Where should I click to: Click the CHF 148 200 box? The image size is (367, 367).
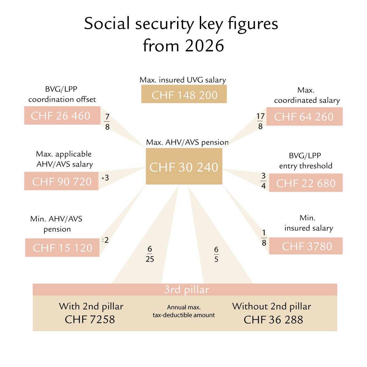pos(184,94)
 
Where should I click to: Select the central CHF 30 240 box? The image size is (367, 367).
pos(184,167)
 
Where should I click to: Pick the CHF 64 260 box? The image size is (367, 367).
pos(304,117)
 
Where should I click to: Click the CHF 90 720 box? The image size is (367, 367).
pos(62,181)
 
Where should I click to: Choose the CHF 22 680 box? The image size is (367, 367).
pos(305,183)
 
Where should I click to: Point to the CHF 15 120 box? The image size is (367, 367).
pos(62,247)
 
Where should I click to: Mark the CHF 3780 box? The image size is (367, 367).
pos(306,246)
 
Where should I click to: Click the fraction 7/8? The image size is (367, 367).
pos(107,121)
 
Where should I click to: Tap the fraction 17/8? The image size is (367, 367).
pos(261,121)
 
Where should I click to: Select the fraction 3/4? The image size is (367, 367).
pos(263,181)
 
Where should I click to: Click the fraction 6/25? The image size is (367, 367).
pos(150,254)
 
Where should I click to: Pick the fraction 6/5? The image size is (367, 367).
pos(216,254)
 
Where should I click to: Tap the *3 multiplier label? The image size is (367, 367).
pos(105,178)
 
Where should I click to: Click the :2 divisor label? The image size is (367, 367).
pos(105,240)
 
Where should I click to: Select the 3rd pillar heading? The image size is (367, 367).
pos(186,290)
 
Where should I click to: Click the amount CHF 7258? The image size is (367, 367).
pos(90,319)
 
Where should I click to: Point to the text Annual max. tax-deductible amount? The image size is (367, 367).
pos(184,311)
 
